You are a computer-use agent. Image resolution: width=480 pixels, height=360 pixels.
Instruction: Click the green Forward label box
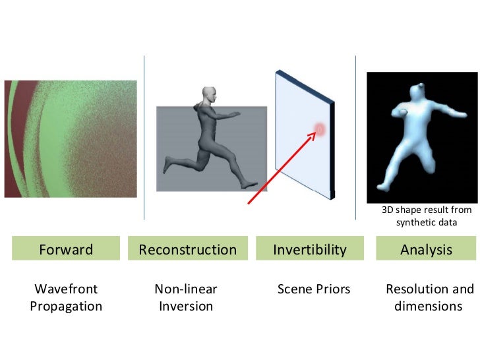66,250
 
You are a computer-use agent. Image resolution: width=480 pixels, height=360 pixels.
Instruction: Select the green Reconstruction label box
187,250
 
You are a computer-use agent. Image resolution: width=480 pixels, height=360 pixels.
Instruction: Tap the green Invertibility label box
309,250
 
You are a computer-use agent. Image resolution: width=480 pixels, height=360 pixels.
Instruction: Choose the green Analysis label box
427,250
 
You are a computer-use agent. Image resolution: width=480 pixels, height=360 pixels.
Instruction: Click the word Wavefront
66,289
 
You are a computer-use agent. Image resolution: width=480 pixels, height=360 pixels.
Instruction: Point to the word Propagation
66,306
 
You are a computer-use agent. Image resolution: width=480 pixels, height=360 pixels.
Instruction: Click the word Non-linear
186,289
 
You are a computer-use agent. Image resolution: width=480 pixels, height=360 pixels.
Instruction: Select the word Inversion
186,306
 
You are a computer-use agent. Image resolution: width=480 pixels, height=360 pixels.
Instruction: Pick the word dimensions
427,306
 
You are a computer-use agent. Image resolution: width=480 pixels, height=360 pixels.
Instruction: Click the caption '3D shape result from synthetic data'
427,216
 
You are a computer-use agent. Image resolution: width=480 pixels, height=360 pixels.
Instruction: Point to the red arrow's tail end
249,203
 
